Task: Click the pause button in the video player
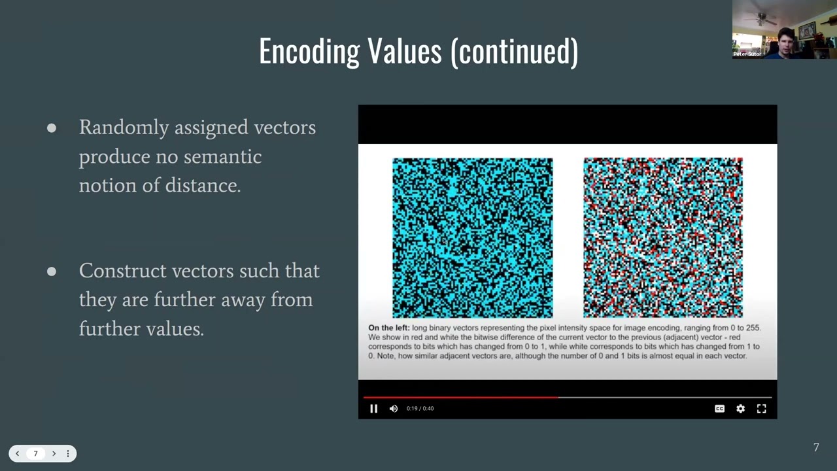click(x=373, y=408)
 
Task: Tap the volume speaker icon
click(x=393, y=408)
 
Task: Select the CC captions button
click(x=719, y=408)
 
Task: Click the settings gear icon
click(x=740, y=408)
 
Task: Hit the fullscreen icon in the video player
click(x=761, y=408)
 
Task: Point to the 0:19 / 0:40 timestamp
click(x=420, y=408)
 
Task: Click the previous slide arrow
click(x=18, y=453)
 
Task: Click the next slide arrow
click(x=54, y=453)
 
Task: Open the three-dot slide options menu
click(x=67, y=453)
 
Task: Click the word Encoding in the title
click(x=309, y=51)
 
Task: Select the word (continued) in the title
click(x=514, y=51)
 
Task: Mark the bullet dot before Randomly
click(x=52, y=128)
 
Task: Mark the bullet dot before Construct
click(x=52, y=271)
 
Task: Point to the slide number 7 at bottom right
click(x=815, y=447)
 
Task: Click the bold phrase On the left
click(x=388, y=327)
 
